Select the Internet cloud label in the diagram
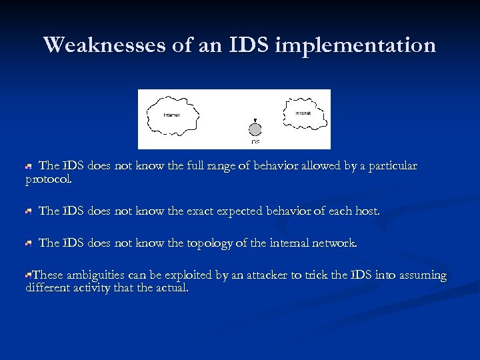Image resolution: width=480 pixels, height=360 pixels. click(x=171, y=115)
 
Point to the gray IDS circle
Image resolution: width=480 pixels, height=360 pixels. click(x=255, y=129)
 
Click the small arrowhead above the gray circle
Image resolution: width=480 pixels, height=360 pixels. click(x=255, y=119)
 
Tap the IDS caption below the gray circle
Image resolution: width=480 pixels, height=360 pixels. click(x=255, y=142)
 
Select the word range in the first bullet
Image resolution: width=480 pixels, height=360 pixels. click(x=202, y=165)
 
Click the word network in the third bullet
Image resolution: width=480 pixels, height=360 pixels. click(x=333, y=243)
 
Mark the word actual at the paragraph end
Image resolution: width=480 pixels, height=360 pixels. click(x=171, y=289)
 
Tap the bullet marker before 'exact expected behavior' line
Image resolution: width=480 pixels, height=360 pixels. click(x=29, y=211)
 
